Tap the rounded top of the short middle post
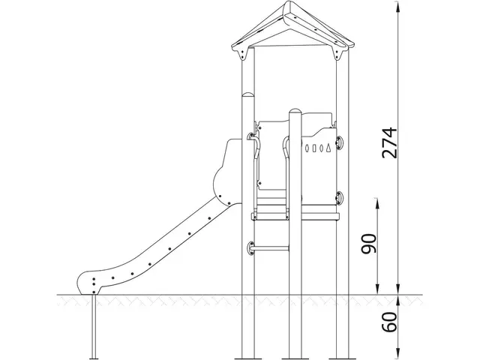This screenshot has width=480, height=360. tap(295, 112)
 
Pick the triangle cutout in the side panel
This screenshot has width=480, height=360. tap(325, 149)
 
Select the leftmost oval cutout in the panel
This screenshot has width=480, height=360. tap(305, 149)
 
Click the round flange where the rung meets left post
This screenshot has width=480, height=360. tap(251, 247)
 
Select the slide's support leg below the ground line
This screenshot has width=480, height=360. tap(93, 326)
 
